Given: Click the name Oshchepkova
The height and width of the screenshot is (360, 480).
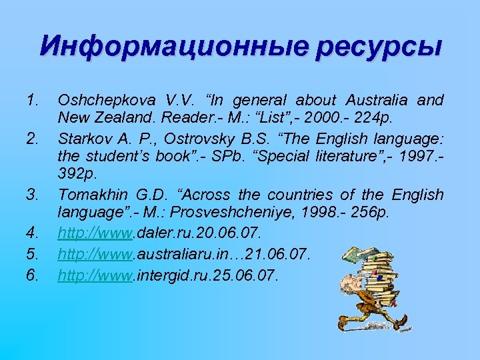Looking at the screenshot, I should [99, 100].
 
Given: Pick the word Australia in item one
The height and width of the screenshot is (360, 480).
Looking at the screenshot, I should [377, 100].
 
